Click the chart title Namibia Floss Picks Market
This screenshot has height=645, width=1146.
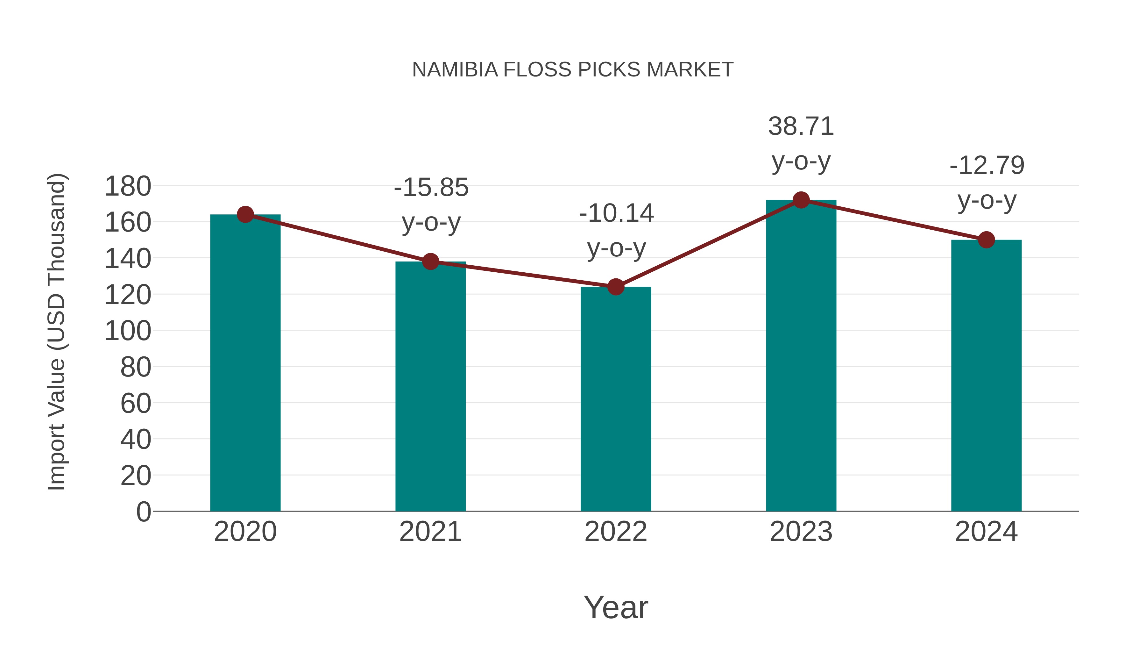pos(573,70)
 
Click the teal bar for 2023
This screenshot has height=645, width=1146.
pos(801,356)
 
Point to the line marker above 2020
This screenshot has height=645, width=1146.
pos(245,215)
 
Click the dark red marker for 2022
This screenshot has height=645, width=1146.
pos(616,287)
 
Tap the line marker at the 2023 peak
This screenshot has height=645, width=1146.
pos(801,200)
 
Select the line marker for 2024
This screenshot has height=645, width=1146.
pos(986,240)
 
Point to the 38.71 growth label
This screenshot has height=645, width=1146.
pos(801,126)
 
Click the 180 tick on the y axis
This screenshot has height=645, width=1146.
pos(128,186)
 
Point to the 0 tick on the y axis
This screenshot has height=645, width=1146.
pos(143,512)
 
